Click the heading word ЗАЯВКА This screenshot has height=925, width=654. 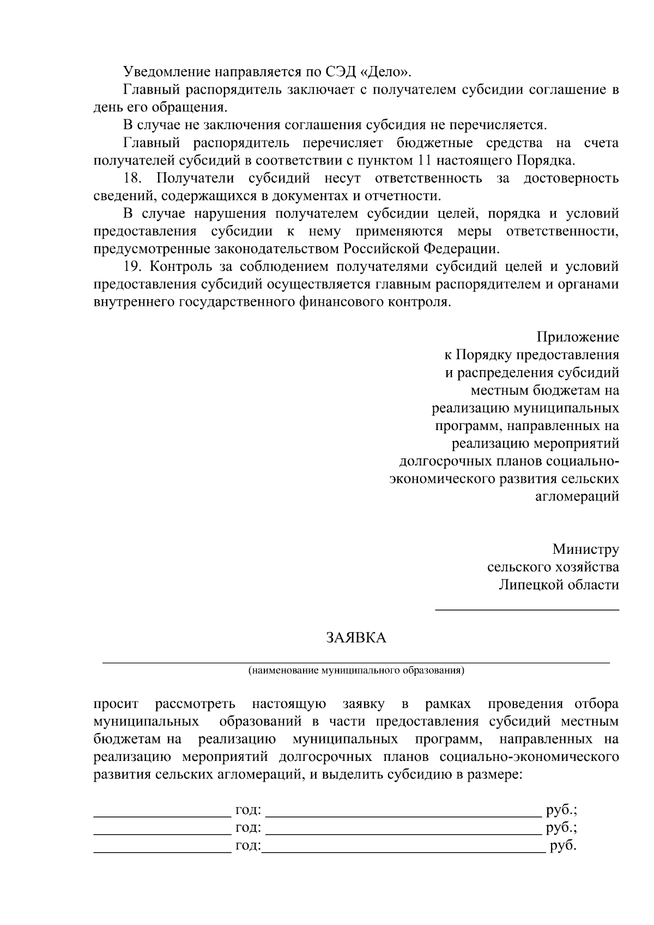[x=356, y=638]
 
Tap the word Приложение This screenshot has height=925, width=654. [x=578, y=337]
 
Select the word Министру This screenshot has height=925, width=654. [x=585, y=549]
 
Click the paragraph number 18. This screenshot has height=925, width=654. [x=133, y=178]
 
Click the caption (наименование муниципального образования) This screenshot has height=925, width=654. [x=356, y=670]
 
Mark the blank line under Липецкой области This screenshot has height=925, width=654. [x=526, y=609]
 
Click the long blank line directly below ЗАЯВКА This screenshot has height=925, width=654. [x=356, y=662]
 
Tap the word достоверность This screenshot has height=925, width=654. [x=571, y=178]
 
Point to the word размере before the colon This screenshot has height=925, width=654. [x=491, y=775]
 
